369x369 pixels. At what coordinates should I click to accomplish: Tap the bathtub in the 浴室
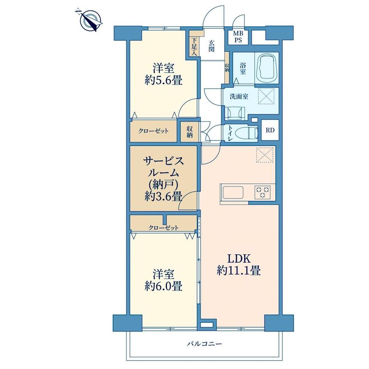pyautogui.click(x=267, y=68)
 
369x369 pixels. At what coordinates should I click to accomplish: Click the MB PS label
pyautogui.click(x=238, y=37)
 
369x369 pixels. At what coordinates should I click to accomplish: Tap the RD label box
pyautogui.click(x=270, y=130)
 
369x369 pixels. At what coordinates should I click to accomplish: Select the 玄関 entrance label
pyautogui.click(x=211, y=46)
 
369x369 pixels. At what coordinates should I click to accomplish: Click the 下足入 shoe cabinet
pyautogui.click(x=194, y=47)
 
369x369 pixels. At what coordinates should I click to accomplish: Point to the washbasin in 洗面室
pyautogui.click(x=235, y=112)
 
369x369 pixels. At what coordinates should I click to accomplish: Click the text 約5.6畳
pyautogui.click(x=163, y=81)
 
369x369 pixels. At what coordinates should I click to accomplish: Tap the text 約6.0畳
pyautogui.click(x=163, y=287)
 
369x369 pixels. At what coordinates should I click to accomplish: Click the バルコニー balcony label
pyautogui.click(x=204, y=344)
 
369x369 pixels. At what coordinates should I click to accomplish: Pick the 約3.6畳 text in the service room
pyautogui.click(x=163, y=197)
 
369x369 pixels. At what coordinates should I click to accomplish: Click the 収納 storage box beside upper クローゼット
pyautogui.click(x=190, y=132)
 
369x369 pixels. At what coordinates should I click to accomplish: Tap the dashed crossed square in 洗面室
pyautogui.click(x=267, y=95)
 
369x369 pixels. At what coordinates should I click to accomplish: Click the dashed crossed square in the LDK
pyautogui.click(x=265, y=154)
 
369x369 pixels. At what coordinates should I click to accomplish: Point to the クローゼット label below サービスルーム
pyautogui.click(x=163, y=228)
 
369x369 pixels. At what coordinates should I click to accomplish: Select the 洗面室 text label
pyautogui.click(x=239, y=97)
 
